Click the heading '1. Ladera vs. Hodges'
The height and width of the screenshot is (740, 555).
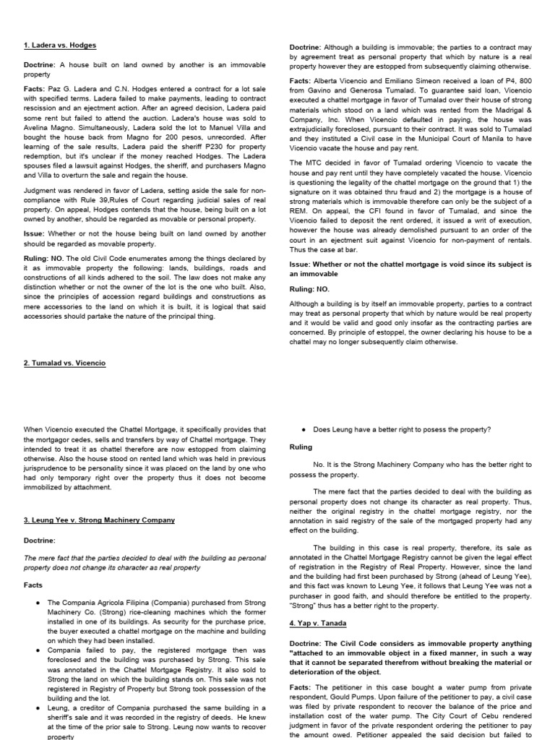pos(59,45)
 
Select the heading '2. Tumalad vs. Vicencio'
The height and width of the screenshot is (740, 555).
pos(64,363)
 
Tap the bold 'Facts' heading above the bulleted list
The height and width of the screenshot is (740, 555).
pos(34,585)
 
